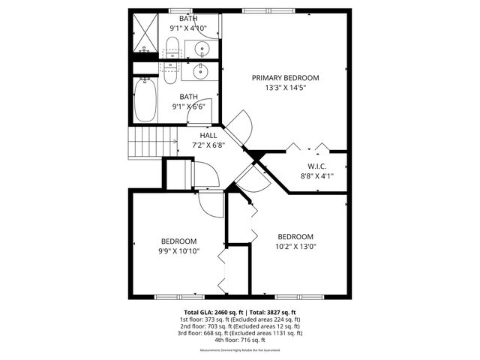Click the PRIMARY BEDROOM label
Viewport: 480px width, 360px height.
coord(285,78)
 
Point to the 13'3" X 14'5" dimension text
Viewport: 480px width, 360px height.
coord(285,88)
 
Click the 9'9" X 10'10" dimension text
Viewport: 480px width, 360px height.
coord(178,251)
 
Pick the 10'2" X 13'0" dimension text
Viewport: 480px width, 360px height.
coord(295,246)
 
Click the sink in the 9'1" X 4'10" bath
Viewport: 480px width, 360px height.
coord(202,49)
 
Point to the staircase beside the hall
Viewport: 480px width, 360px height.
coord(145,140)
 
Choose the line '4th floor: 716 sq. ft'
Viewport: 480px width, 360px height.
coord(240,340)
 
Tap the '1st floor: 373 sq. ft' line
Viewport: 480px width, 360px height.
coord(240,319)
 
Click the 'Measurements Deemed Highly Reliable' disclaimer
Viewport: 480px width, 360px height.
coord(240,350)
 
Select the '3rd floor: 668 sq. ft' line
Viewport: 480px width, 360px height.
coord(240,333)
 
